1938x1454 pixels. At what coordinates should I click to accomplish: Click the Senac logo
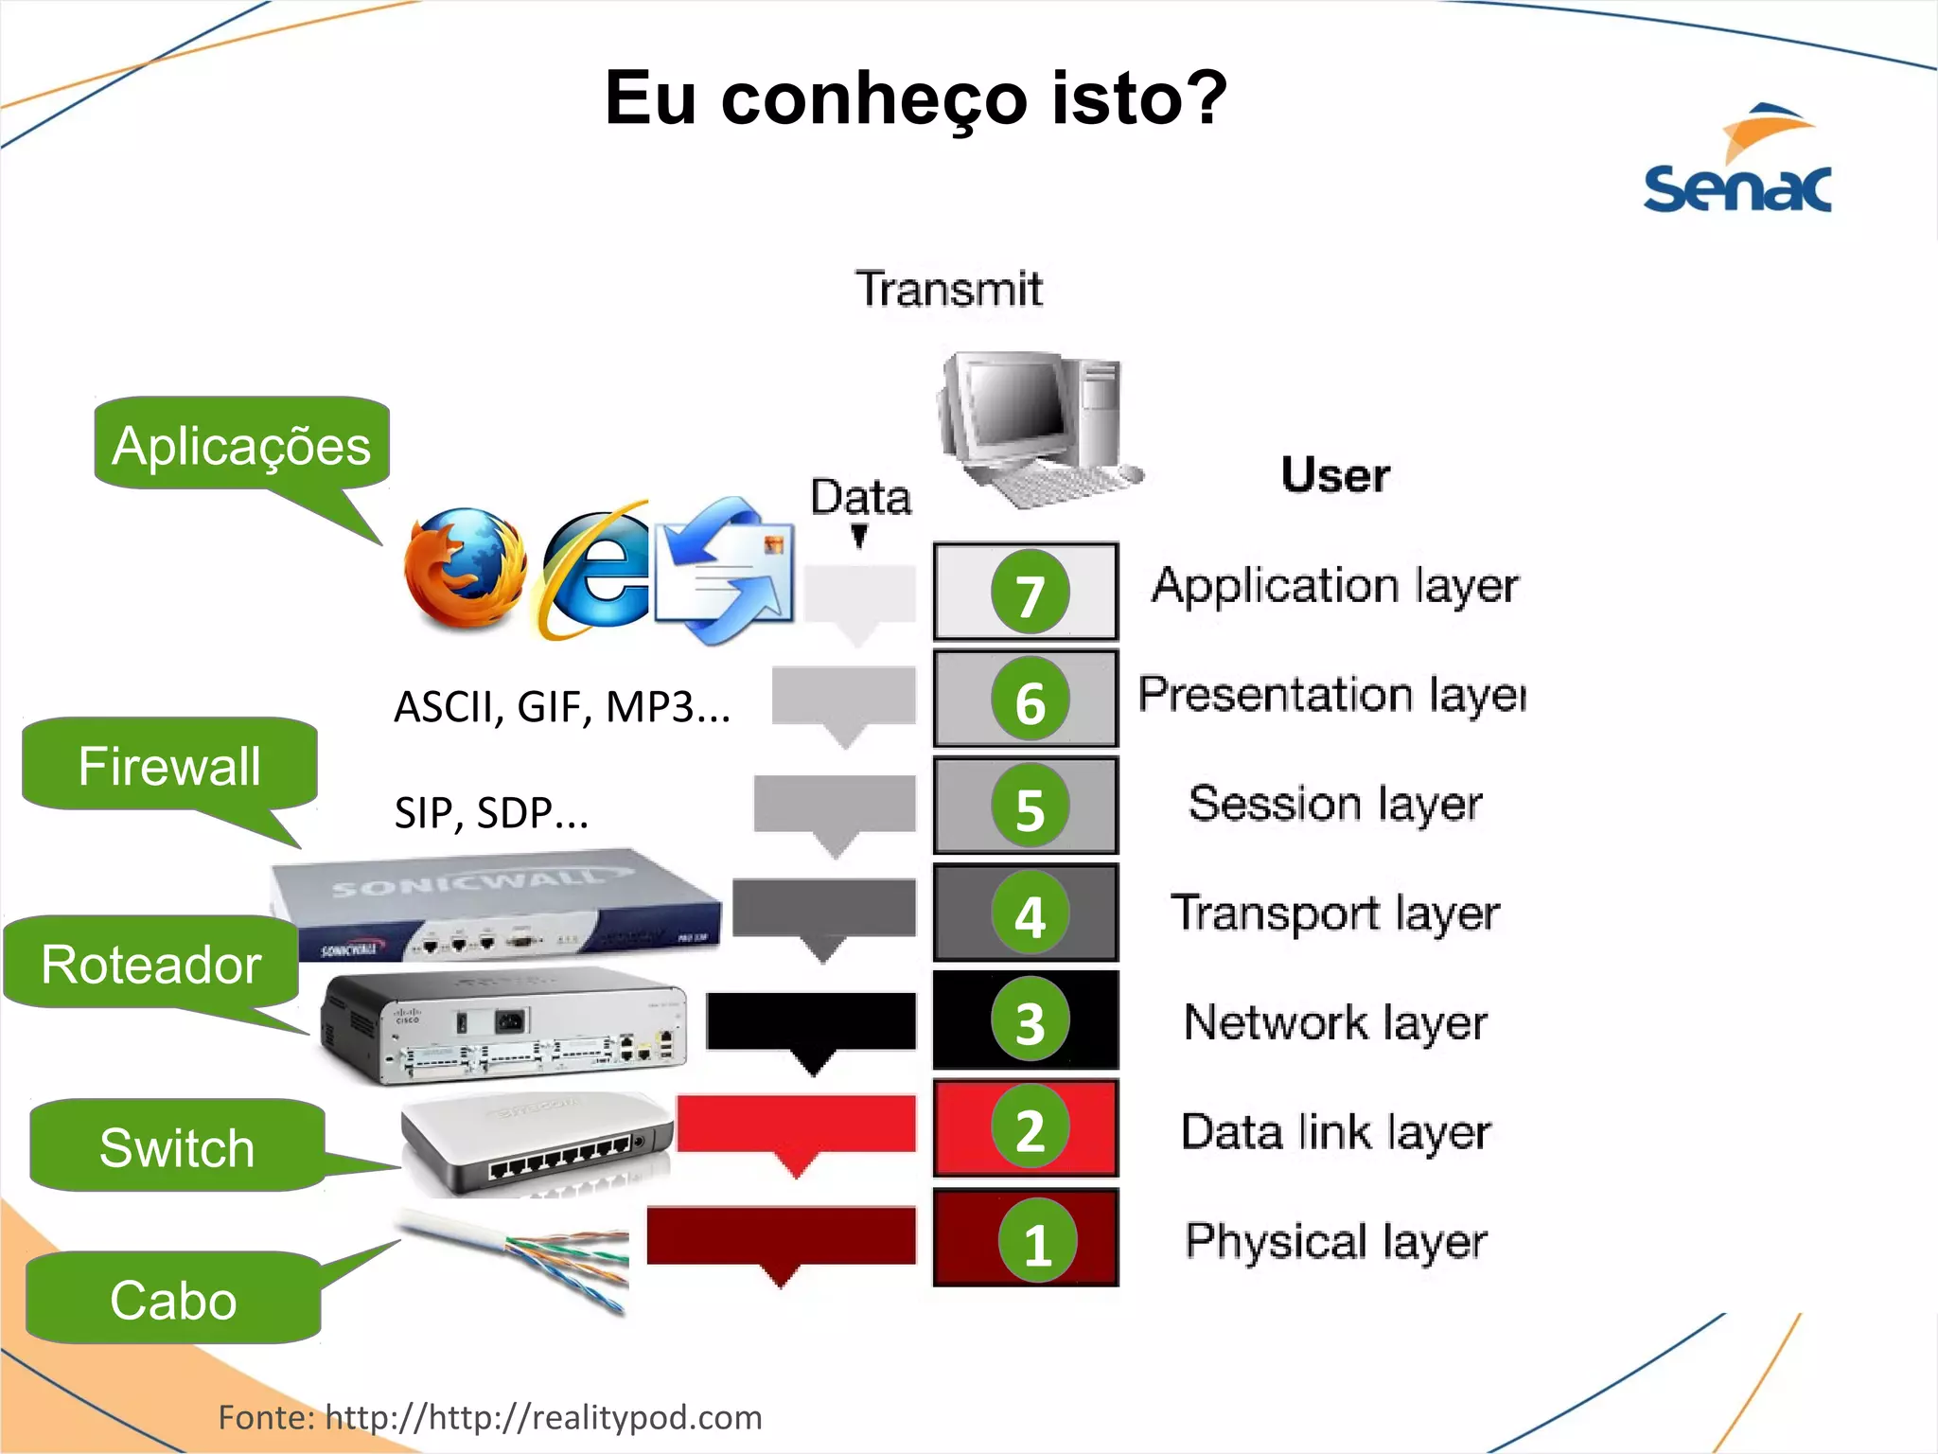coord(1737,161)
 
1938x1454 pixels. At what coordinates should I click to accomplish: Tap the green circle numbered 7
coord(1030,593)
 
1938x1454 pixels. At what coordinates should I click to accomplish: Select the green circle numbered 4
coord(1030,913)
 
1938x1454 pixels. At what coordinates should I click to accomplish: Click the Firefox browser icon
coord(464,568)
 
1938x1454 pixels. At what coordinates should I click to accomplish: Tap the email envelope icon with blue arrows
coord(725,570)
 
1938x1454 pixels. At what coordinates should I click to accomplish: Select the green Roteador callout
coord(151,964)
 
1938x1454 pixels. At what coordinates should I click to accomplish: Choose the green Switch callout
coord(178,1146)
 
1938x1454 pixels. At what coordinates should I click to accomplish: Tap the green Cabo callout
coord(174,1299)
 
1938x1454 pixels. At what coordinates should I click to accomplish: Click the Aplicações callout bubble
coord(241,445)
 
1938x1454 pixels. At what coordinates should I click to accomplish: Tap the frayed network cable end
coord(568,1260)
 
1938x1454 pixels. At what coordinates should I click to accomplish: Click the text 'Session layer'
coord(1334,804)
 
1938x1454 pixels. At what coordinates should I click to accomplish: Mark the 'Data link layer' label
coord(1335,1132)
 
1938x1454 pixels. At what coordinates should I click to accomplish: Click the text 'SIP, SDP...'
coord(491,812)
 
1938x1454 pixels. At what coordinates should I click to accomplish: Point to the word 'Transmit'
coord(948,289)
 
